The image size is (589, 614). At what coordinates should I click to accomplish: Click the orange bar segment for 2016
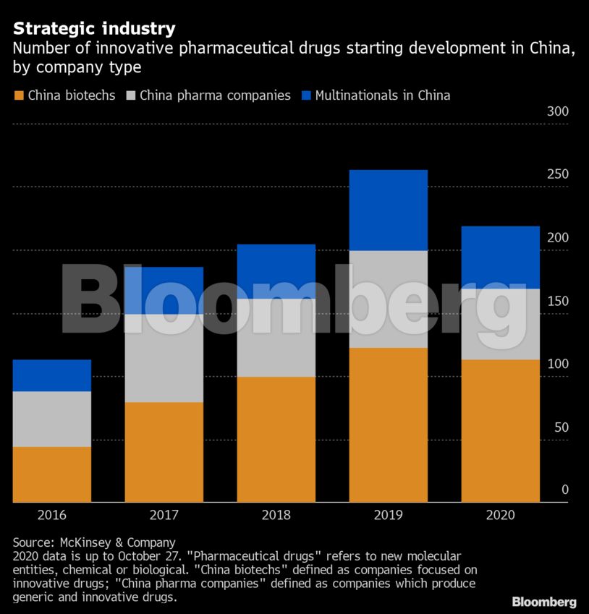[x=52, y=474]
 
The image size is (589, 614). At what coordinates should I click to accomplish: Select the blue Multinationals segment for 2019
[x=389, y=210]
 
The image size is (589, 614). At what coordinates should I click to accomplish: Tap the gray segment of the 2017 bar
[x=164, y=358]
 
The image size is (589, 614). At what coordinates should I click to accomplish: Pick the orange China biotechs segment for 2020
[x=501, y=430]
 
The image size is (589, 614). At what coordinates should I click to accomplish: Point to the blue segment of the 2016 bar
[x=52, y=375]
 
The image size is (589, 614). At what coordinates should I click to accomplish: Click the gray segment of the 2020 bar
[x=501, y=324]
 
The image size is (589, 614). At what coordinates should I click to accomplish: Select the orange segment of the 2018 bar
[x=276, y=439]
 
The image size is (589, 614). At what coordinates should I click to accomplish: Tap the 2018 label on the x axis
[x=276, y=515]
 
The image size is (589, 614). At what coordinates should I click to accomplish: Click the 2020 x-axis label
[x=501, y=515]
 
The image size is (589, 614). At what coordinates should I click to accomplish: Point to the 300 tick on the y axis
[x=558, y=112]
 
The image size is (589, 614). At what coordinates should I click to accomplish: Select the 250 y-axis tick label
[x=558, y=175]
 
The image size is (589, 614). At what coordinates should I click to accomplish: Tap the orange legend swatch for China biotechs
[x=19, y=95]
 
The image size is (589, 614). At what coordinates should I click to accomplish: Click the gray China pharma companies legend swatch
[x=131, y=95]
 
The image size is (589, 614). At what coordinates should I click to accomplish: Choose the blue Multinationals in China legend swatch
[x=306, y=95]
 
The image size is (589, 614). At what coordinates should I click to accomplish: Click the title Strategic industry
[x=94, y=29]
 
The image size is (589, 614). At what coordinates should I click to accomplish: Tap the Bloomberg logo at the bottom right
[x=544, y=602]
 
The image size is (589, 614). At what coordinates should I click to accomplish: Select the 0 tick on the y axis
[x=565, y=490]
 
